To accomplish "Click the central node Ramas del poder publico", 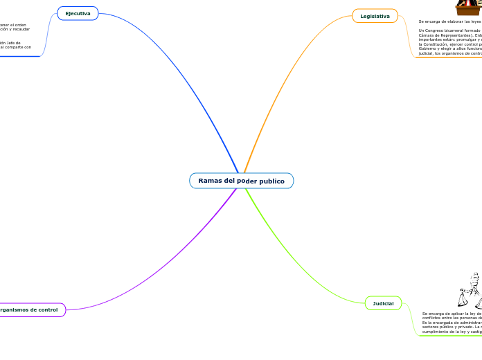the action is click(x=241, y=181).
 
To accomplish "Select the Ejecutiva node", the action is click(x=78, y=13).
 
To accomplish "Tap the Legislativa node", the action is click(x=375, y=16).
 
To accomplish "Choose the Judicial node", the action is click(x=383, y=303).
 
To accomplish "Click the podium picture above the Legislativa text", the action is click(x=468, y=8).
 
